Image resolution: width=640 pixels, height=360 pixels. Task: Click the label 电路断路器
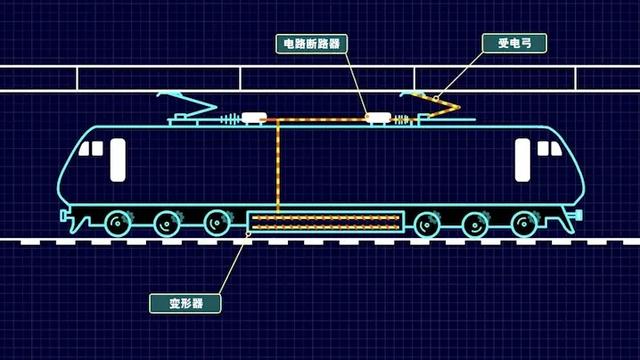pyautogui.click(x=311, y=44)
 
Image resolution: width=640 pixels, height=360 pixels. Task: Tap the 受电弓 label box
pyautogui.click(x=500, y=43)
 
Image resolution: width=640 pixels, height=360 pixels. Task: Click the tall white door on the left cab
pyautogui.click(x=118, y=160)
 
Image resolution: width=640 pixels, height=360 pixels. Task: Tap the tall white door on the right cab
pyautogui.click(x=522, y=160)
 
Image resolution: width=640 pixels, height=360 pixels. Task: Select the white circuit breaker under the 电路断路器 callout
pyautogui.click(x=378, y=118)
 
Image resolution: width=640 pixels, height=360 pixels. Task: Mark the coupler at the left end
pyautogui.click(x=65, y=217)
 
